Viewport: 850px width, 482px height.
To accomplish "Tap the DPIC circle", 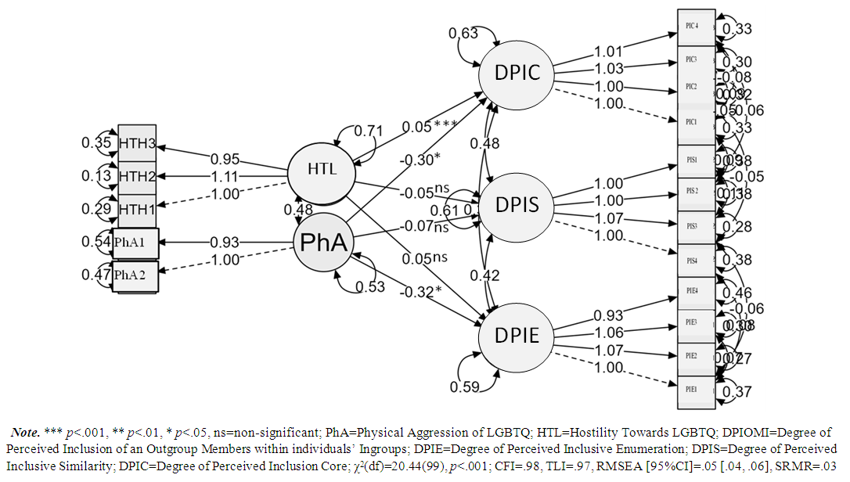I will coord(517,72).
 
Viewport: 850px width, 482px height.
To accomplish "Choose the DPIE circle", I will coord(517,336).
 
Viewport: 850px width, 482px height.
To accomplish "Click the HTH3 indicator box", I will coord(137,143).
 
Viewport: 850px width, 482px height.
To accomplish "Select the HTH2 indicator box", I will coord(137,177).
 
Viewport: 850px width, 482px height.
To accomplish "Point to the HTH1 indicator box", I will coord(137,210).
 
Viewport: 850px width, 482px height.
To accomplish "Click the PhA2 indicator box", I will coord(135,275).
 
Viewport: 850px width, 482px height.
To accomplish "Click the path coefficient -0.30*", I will coord(419,160).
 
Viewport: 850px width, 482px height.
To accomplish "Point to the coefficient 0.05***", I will coord(429,127).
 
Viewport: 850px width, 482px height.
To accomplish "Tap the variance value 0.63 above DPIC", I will coord(463,34).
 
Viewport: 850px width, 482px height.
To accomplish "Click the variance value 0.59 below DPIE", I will coord(465,387).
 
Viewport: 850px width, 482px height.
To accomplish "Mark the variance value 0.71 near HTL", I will coord(370,130).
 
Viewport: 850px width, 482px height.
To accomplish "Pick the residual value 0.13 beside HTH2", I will coord(96,177).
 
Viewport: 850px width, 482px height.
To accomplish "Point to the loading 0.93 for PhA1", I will coord(224,243).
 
